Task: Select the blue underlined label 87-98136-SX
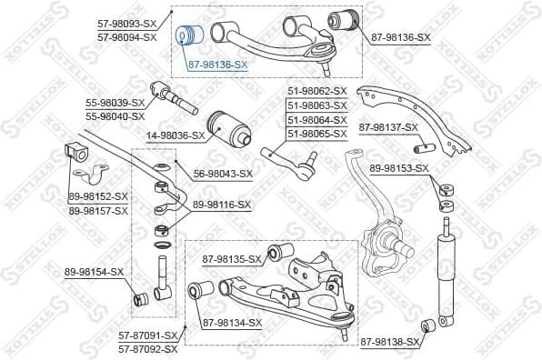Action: [217, 65]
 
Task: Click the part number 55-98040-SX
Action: [115, 116]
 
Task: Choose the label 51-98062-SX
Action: [317, 91]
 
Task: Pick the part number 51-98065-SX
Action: [317, 134]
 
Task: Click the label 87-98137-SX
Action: [388, 127]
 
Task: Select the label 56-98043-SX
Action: [223, 174]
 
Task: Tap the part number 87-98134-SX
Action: [232, 323]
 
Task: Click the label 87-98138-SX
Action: [391, 342]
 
